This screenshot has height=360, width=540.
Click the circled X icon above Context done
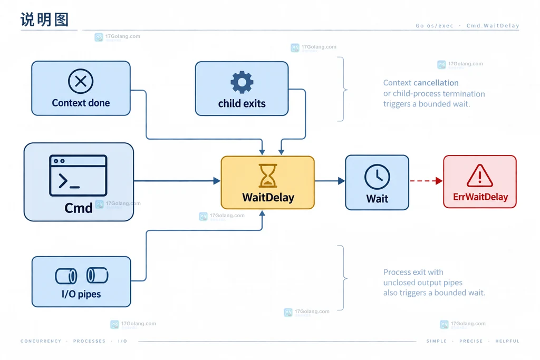pyautogui.click(x=81, y=81)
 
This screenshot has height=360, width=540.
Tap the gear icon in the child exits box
pyautogui.click(x=242, y=82)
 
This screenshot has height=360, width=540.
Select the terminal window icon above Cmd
pyautogui.click(x=78, y=176)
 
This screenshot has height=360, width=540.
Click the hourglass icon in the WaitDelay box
pyautogui.click(x=267, y=176)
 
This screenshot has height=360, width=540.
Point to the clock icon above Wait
pyautogui.click(x=377, y=177)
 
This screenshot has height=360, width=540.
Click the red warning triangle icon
pyautogui.click(x=480, y=176)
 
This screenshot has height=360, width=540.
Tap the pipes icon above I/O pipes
pyautogui.click(x=82, y=276)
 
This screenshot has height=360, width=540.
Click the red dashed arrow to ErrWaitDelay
pyautogui.click(x=426, y=181)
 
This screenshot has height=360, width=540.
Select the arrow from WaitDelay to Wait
pyautogui.click(x=330, y=181)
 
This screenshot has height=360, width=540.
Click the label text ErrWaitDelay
pyautogui.click(x=480, y=197)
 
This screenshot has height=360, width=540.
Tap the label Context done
pyautogui.click(x=81, y=103)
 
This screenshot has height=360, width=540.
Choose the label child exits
pyautogui.click(x=242, y=103)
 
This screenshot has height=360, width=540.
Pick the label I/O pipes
pyautogui.click(x=81, y=294)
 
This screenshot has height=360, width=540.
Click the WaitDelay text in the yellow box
pyautogui.click(x=268, y=198)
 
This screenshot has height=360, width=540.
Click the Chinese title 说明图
pyautogui.click(x=45, y=20)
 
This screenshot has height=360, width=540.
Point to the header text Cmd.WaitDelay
pyautogui.click(x=493, y=25)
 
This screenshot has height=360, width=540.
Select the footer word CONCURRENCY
pyautogui.click(x=41, y=341)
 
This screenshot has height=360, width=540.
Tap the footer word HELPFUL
pyautogui.click(x=507, y=341)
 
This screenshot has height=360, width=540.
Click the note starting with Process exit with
pyautogui.click(x=435, y=283)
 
